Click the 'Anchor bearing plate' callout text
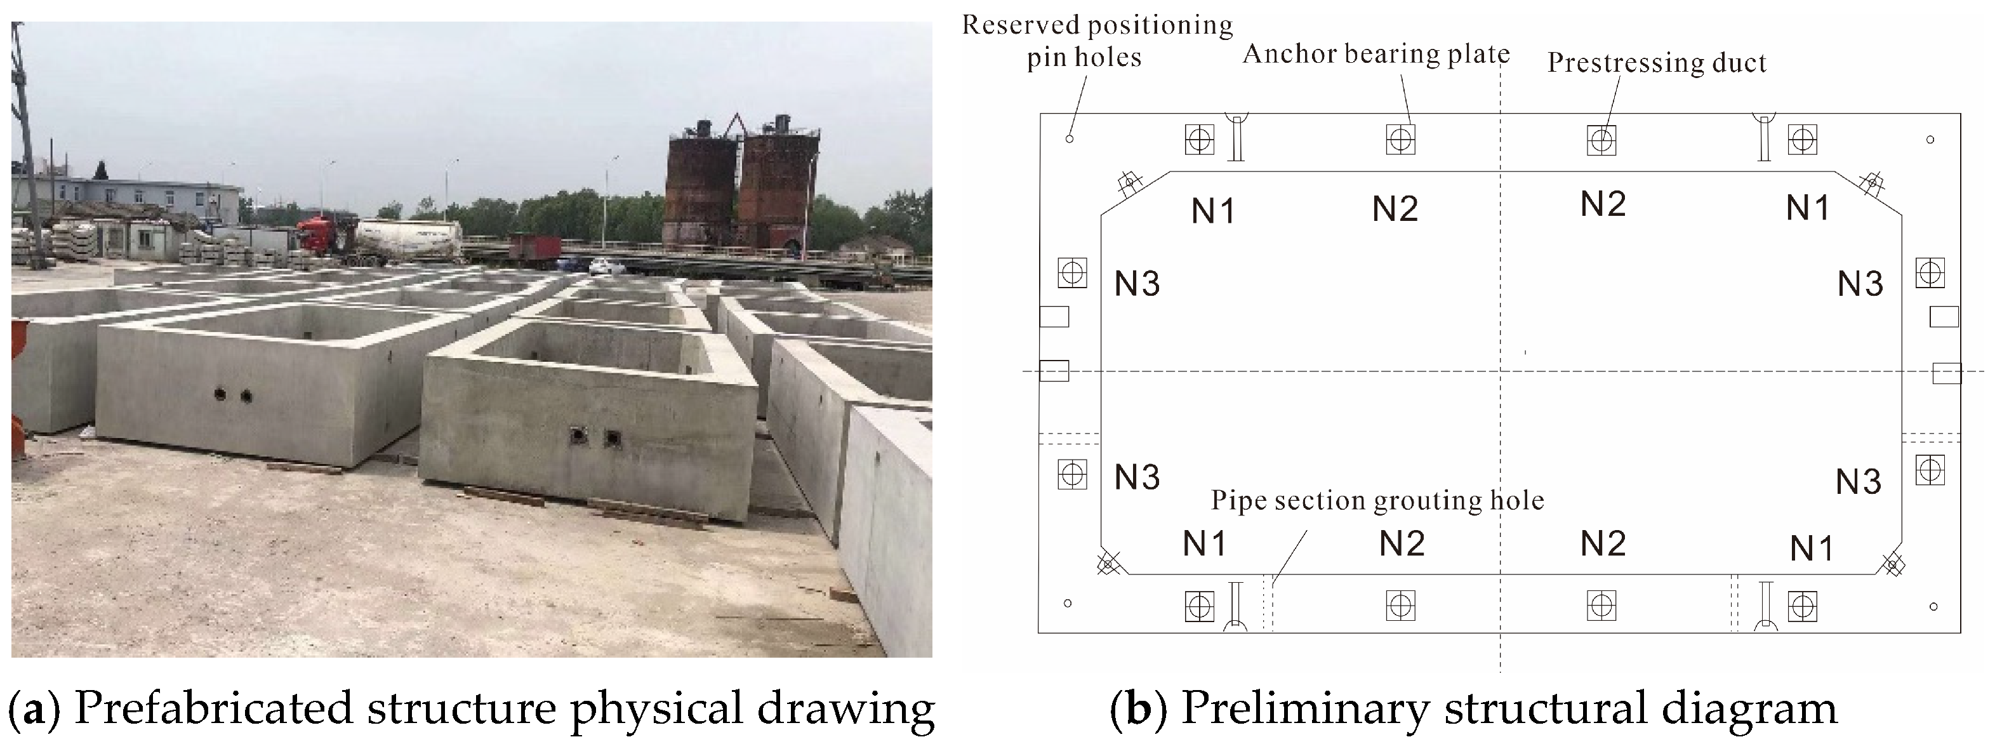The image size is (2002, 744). coord(1376,55)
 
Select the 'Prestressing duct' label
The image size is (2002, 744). coord(1656,63)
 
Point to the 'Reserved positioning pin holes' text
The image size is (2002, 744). coord(1097,41)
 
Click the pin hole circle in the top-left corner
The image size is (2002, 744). coord(1070,138)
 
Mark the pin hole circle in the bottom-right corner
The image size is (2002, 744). coord(1933,606)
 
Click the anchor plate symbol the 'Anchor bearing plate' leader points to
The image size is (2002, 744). coord(1400,140)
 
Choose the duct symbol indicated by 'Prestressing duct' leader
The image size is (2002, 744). coord(1601,140)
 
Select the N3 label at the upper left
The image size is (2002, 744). coord(1137,284)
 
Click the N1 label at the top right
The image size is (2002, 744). coord(1808,208)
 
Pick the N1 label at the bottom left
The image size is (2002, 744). coord(1205,544)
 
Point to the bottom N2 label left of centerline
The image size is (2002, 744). coord(1402,544)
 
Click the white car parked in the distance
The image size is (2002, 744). coord(606,267)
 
